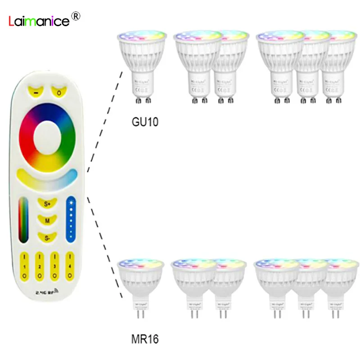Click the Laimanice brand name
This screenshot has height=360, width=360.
[39, 21]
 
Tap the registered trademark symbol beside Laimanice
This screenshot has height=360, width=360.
[76, 16]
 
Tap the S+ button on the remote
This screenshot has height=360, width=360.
[47, 204]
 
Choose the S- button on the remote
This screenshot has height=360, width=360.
[47, 237]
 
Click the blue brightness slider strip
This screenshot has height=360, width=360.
[70, 218]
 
